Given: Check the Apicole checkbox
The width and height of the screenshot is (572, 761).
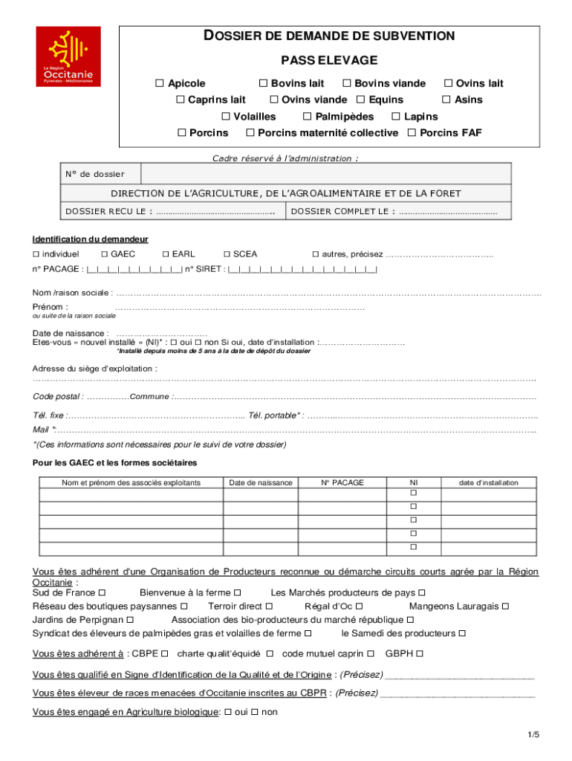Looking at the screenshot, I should (x=160, y=84).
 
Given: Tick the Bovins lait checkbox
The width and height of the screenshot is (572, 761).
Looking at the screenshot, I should (x=263, y=84).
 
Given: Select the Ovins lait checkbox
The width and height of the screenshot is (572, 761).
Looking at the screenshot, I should (x=448, y=84).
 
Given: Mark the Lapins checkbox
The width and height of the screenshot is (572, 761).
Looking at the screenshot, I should (x=397, y=117).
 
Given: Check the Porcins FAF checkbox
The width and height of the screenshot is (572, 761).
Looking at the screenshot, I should (x=412, y=133).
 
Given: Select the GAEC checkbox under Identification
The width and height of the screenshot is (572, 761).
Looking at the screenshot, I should (x=105, y=254).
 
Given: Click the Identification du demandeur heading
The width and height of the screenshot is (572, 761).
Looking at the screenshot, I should (x=90, y=239).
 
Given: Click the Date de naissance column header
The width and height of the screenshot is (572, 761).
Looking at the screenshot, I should (x=260, y=482).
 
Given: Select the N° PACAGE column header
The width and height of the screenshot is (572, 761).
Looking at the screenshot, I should (x=342, y=482).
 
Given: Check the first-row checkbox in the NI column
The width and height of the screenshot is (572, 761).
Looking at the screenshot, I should (x=414, y=493).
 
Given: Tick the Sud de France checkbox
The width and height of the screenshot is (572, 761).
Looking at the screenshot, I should (x=102, y=593).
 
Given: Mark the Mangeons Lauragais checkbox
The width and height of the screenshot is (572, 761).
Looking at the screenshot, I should (x=505, y=606).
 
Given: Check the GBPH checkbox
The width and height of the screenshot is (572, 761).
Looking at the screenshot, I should (x=420, y=654).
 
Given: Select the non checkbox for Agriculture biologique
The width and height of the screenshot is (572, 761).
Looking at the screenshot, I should (x=254, y=712).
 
